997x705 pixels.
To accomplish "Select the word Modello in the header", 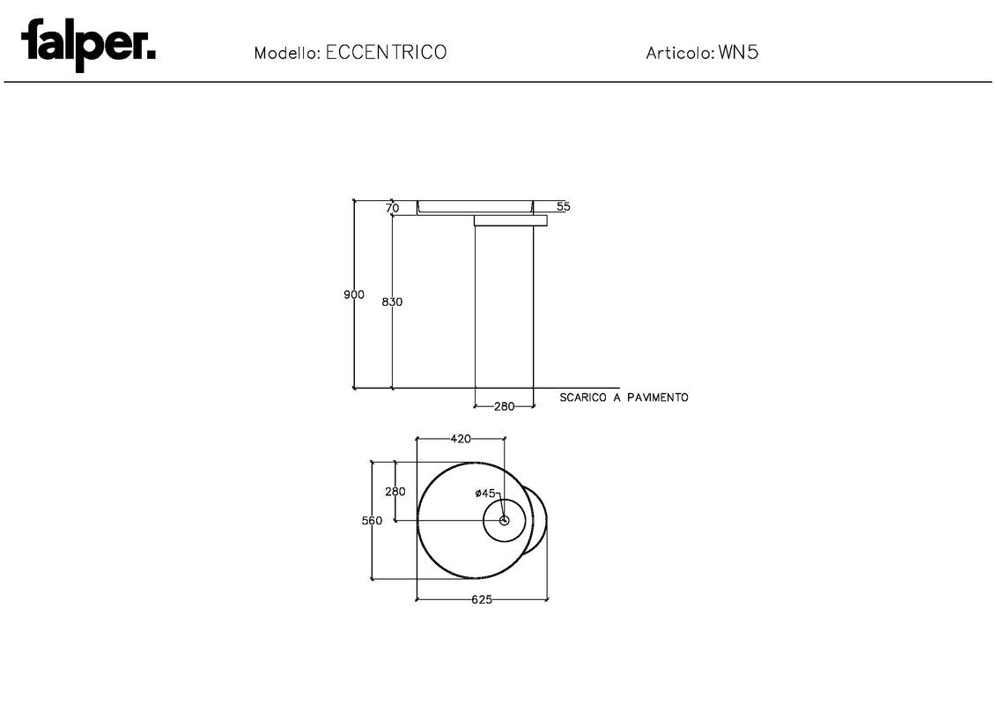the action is tap(286, 53).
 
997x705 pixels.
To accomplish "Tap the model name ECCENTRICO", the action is tap(386, 52).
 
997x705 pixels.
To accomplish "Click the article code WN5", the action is tap(738, 52).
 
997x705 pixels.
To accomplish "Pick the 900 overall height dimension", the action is tap(354, 294).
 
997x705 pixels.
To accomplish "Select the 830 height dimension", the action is tap(392, 302).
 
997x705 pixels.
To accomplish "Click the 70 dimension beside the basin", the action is tap(392, 208).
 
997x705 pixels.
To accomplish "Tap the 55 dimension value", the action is tap(564, 207).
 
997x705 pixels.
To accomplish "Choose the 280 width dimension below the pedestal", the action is tap(504, 406).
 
